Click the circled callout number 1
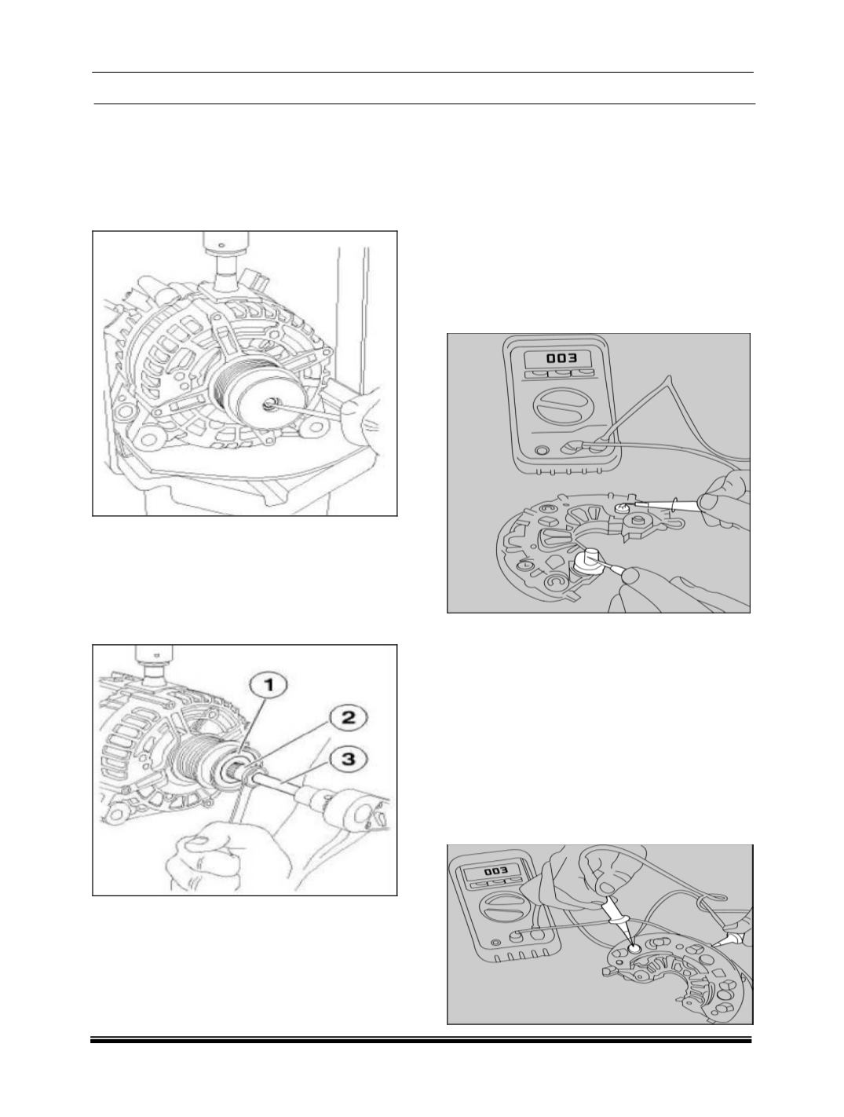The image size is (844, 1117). [x=268, y=686]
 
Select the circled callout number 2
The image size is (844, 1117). [x=347, y=719]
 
